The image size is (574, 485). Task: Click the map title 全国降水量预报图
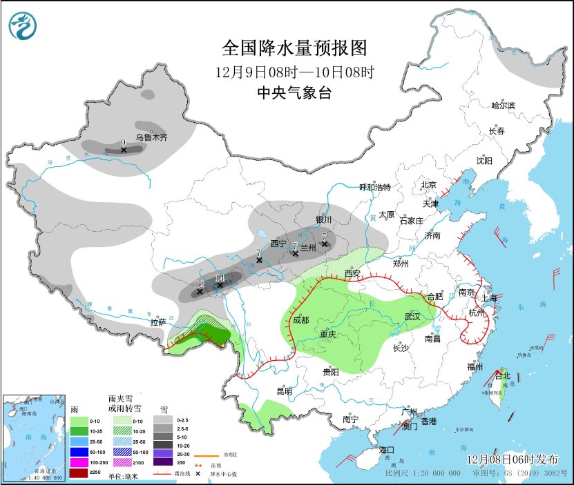click(294, 48)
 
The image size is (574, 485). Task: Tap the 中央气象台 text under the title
click(294, 93)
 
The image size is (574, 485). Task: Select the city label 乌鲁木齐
click(151, 138)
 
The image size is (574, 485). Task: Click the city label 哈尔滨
click(503, 106)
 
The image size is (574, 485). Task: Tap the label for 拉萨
click(158, 322)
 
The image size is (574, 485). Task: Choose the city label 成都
click(301, 320)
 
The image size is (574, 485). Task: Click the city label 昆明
click(284, 391)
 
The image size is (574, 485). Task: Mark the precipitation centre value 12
click(200, 284)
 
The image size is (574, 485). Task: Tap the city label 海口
click(387, 450)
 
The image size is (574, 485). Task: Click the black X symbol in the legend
click(197, 474)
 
